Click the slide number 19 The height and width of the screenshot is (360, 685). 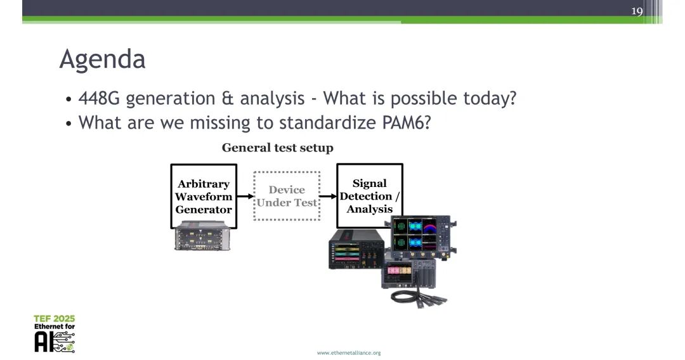point(637,11)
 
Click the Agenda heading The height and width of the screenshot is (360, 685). point(102,60)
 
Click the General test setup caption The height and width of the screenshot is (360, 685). point(277,148)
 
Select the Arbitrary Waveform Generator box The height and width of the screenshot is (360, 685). point(204,196)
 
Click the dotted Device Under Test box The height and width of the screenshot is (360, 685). point(287,196)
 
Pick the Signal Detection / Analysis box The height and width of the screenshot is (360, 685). point(370,196)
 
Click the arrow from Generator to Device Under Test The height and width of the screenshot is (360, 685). point(245,196)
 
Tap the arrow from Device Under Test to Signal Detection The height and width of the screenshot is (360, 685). point(328,196)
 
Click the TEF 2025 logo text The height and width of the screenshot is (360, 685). point(55,318)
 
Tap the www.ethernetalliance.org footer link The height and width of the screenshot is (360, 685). point(349,352)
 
